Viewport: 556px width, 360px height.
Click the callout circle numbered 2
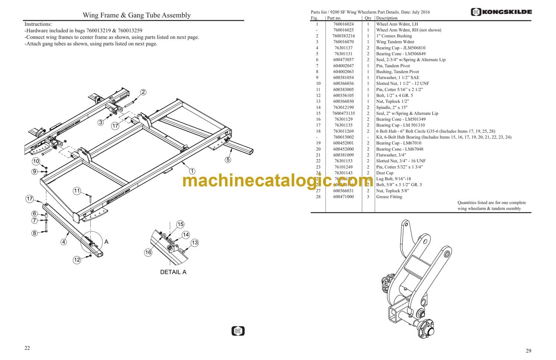coord(143,92)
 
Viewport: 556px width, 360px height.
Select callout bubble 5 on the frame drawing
coord(228,160)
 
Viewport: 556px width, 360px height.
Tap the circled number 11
coord(77,191)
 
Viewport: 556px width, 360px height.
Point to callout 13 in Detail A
coord(195,242)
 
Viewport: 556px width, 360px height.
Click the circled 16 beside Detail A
coord(148,252)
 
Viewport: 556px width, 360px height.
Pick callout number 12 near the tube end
coord(77,260)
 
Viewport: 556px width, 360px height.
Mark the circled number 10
coord(36,161)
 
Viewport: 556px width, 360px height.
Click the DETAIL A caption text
coord(173,272)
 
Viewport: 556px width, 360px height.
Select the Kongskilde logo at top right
coord(501,12)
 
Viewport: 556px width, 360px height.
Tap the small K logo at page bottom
coord(238,331)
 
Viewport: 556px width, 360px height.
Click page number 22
coord(27,348)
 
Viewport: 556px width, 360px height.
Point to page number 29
coord(528,351)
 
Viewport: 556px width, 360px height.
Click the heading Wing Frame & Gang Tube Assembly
coord(136,15)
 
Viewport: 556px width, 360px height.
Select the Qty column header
coord(368,18)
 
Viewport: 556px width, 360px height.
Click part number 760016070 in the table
coord(343,42)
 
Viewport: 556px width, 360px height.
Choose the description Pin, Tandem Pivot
coord(393,66)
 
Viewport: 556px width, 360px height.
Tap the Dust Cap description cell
coord(385,173)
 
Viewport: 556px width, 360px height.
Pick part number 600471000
coord(343,196)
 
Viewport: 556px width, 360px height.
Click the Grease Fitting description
coord(389,196)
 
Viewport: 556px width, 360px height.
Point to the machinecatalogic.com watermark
coord(275,181)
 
